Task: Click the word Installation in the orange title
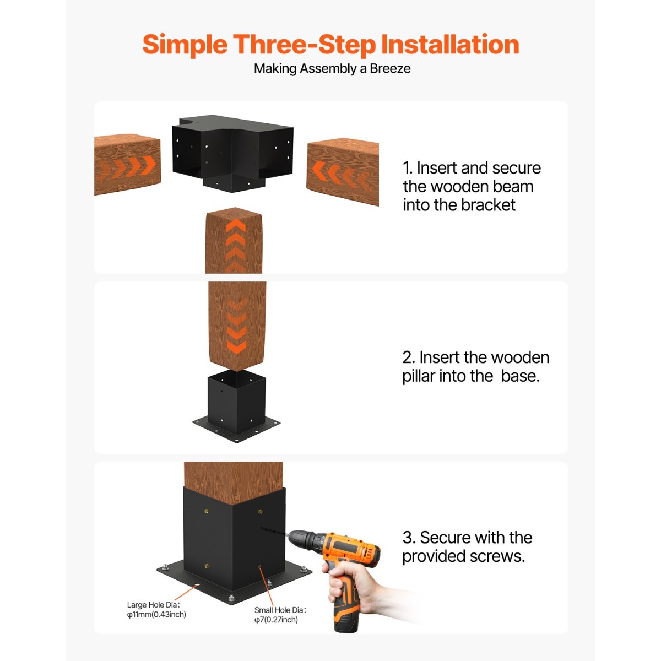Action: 450,44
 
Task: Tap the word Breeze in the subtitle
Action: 389,69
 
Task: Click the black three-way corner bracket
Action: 232,153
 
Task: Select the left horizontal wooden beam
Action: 127,164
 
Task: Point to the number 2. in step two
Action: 409,357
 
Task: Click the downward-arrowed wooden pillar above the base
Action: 237,326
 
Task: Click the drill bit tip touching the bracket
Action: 262,529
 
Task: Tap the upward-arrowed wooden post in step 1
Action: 234,240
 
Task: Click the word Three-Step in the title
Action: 304,45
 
